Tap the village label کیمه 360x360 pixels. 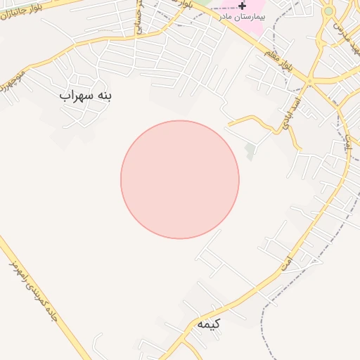(x=209, y=324)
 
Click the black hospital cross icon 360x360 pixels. (x=243, y=6)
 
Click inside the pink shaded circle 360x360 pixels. (x=180, y=180)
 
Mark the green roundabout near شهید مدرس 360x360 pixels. (x=328, y=11)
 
